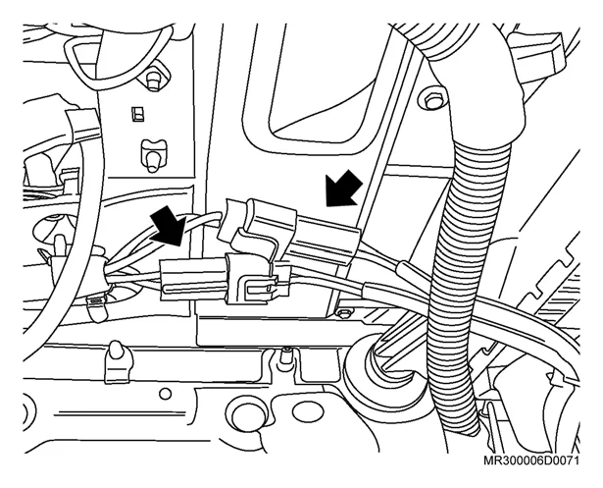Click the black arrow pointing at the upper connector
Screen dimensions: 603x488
pyautogui.click(x=343, y=189)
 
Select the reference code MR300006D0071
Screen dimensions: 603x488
pyautogui.click(x=531, y=461)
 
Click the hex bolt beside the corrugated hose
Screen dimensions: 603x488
pyautogui.click(x=432, y=99)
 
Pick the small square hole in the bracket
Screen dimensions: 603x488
pyautogui.click(x=135, y=114)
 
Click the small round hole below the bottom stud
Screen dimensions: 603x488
pyautogui.click(x=165, y=394)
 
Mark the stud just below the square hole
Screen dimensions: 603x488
pyautogui.click(x=153, y=154)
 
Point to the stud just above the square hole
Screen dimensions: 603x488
pyautogui.click(x=154, y=81)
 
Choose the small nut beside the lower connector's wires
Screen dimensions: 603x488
pyautogui.click(x=342, y=312)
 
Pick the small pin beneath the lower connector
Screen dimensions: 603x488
pyautogui.click(x=285, y=356)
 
